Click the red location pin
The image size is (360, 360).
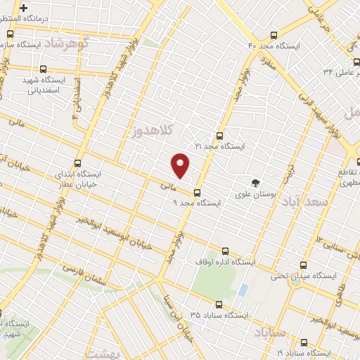click(181, 165)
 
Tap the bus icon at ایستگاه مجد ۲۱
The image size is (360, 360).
click(219, 136)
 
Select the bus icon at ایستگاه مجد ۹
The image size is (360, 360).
click(196, 192)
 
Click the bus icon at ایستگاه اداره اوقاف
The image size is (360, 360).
click(225, 250)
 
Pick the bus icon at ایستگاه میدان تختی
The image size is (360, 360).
click(303, 265)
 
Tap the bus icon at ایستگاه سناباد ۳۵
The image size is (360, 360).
click(219, 305)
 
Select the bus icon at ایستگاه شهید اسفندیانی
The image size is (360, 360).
click(44, 70)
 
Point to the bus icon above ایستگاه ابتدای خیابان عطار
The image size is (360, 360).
click(77, 162)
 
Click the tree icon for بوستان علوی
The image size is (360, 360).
click(255, 181)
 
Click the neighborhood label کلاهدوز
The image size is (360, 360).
click(151, 130)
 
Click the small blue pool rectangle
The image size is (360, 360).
click(243, 290)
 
